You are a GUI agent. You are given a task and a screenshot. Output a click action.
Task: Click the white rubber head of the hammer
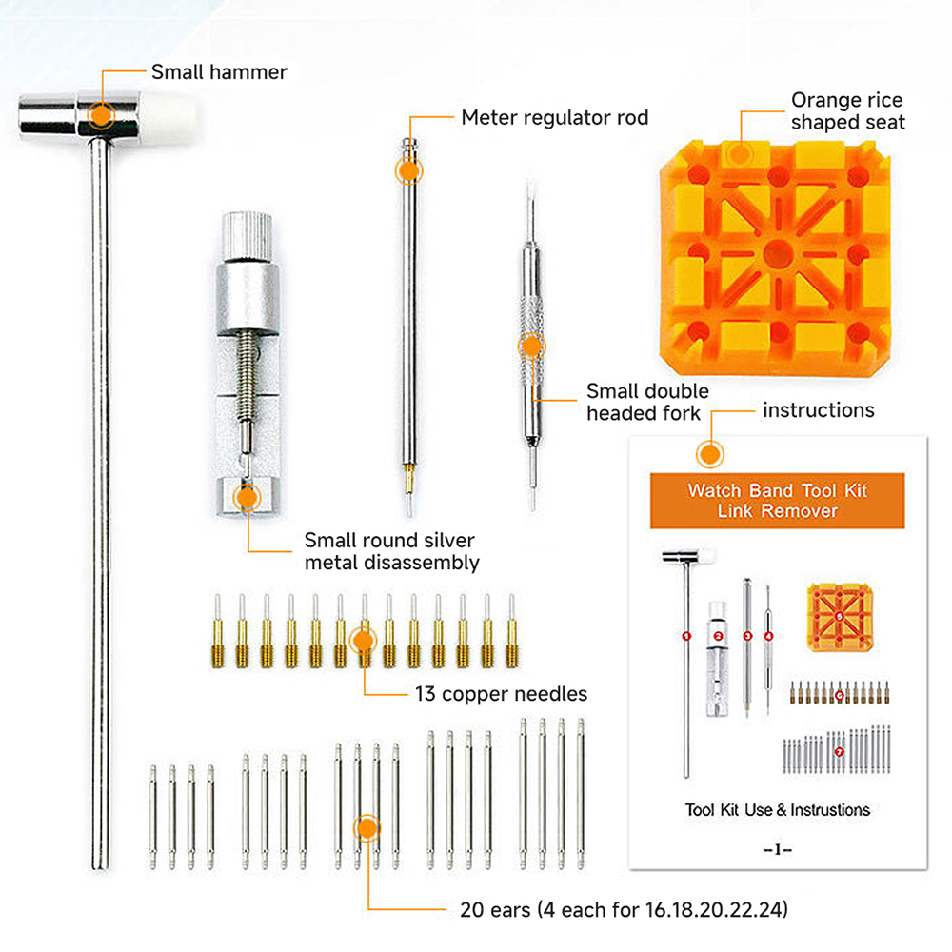click(x=170, y=118)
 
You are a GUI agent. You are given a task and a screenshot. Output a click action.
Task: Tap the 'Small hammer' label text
click(x=219, y=72)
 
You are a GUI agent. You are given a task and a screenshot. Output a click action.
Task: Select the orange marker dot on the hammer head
click(x=101, y=115)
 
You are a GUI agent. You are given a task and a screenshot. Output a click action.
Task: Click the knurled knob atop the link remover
click(x=247, y=235)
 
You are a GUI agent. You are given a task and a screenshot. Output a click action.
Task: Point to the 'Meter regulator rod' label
click(x=554, y=117)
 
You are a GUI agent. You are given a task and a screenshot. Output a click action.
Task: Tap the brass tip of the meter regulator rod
click(x=409, y=473)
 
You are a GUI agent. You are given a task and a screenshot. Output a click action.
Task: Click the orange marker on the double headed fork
click(x=531, y=347)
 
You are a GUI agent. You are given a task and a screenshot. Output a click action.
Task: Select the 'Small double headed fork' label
click(x=647, y=402)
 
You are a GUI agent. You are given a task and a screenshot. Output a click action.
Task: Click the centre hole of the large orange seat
click(x=777, y=253)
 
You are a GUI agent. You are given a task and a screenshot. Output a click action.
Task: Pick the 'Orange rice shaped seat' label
click(x=847, y=110)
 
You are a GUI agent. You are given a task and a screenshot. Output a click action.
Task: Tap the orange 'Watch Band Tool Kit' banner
click(x=777, y=501)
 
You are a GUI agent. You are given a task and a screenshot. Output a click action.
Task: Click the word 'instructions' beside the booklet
click(x=819, y=410)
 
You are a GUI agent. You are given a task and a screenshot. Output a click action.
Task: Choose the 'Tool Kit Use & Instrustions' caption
click(x=777, y=810)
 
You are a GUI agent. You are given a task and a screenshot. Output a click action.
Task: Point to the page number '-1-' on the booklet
click(x=777, y=850)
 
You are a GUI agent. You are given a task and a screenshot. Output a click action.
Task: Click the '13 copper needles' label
click(x=501, y=694)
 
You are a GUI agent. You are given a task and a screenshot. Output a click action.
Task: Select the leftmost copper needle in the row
click(x=218, y=631)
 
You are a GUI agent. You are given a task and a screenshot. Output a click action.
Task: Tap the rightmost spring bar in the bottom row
click(x=581, y=794)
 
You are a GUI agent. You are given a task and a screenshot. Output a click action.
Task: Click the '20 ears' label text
click(x=624, y=910)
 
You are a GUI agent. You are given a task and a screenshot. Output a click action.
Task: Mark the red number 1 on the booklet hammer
click(x=686, y=636)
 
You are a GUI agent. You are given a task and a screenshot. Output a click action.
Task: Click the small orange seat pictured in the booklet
click(x=840, y=617)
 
